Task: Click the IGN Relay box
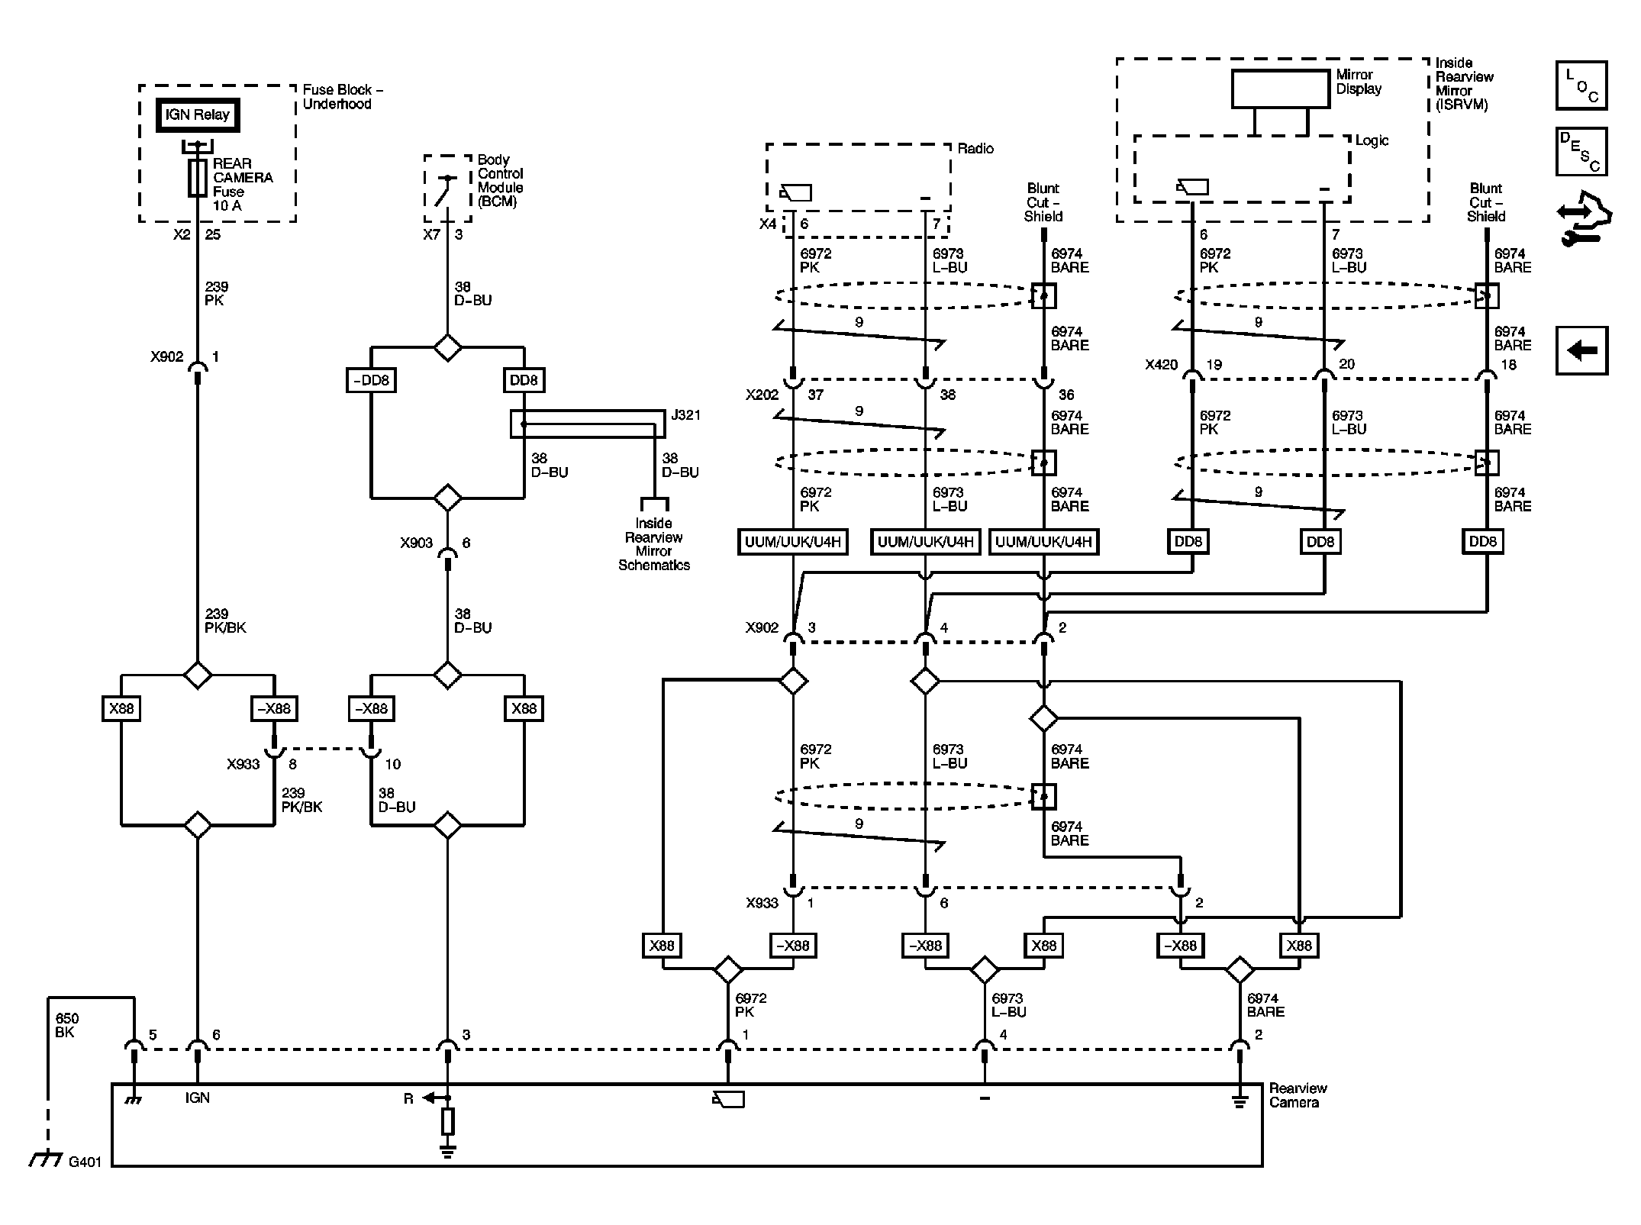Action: coord(197,115)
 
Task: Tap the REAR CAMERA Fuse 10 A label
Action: coord(242,184)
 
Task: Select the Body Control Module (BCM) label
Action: coord(500,181)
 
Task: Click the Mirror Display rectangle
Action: coord(1280,89)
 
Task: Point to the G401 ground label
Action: coord(84,1162)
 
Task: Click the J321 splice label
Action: coord(685,415)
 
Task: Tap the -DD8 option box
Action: coord(371,380)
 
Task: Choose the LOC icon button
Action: coord(1581,85)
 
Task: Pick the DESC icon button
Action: coord(1581,152)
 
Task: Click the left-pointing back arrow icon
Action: coord(1581,350)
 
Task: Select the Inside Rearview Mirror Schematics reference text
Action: coord(654,544)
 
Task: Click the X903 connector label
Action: coord(416,543)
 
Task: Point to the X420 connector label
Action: coord(1161,365)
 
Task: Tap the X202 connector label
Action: coord(762,395)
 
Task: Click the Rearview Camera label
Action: coord(1298,1095)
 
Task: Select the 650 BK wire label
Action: coord(66,1025)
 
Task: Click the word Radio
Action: coord(975,148)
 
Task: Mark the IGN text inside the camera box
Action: coord(197,1098)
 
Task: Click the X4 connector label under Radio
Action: coord(767,224)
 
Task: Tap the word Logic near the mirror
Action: coord(1372,140)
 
